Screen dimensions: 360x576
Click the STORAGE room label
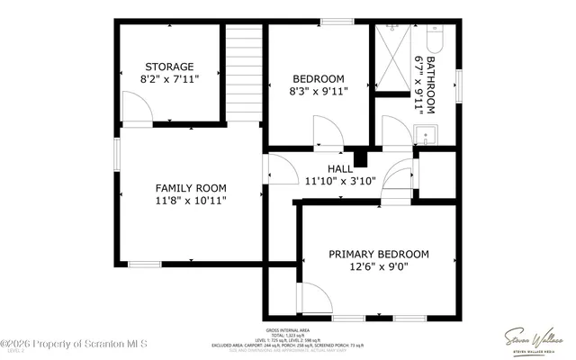(169, 67)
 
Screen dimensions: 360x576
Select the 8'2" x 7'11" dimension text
(169, 79)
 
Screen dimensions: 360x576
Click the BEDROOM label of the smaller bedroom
(318, 77)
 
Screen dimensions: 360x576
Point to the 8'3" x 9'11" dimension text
(318, 90)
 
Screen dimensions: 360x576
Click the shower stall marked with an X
(397, 57)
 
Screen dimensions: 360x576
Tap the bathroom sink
(427, 136)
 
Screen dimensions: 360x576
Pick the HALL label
(340, 168)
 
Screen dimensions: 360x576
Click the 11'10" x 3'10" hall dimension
(340, 181)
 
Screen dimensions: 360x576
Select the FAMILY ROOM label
(190, 188)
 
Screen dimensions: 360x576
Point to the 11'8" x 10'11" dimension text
(190, 201)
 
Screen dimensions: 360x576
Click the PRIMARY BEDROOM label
(378, 254)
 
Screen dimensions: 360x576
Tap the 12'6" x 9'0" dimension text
(378, 267)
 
